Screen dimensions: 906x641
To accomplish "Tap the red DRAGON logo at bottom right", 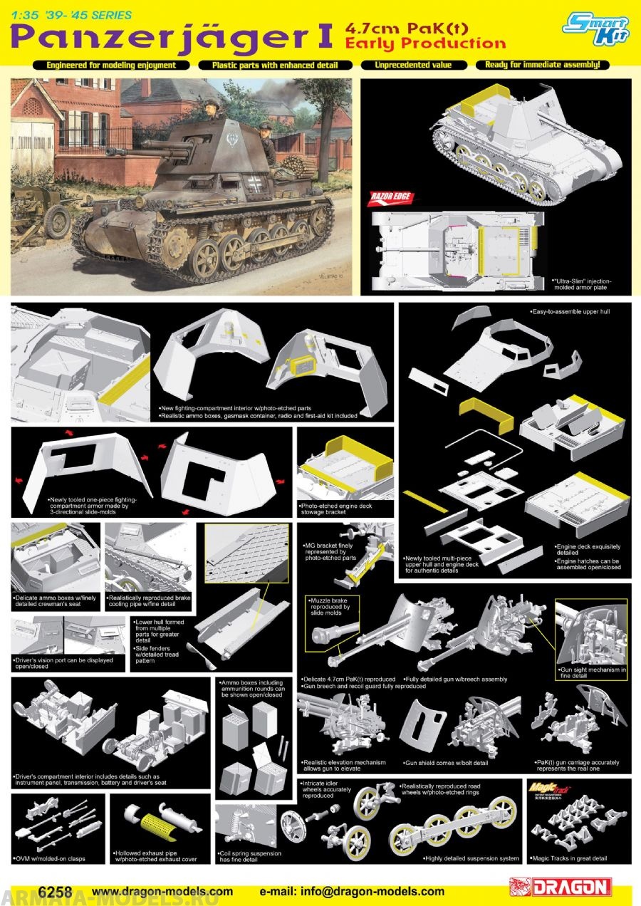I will click(561, 887).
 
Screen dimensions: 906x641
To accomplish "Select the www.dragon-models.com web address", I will click(162, 891).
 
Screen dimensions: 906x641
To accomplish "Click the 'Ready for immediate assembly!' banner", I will click(543, 65).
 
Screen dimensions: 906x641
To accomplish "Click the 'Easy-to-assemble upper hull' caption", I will click(570, 312).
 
